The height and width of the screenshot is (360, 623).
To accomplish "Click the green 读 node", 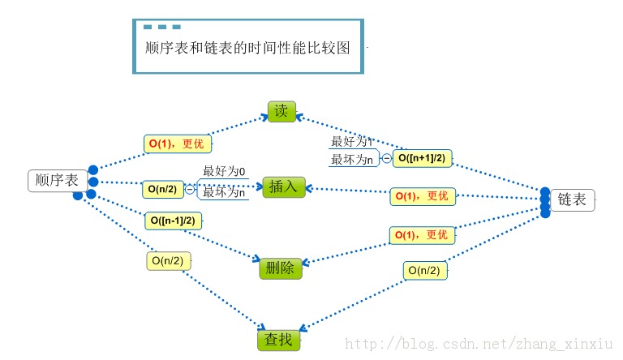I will click(282, 112).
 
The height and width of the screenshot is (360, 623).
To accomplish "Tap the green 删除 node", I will click(281, 268).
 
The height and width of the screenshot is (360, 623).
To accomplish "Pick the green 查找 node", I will click(279, 340).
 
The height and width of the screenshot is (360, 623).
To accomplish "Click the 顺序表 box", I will click(58, 181).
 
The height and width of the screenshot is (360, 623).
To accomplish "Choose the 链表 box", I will click(573, 199).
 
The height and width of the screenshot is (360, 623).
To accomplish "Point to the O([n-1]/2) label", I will click(174, 221).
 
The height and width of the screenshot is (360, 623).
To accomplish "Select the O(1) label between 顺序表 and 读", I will click(177, 144).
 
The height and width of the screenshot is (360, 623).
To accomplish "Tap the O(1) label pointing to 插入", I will click(422, 196).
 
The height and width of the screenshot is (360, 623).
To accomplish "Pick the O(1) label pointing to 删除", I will click(422, 235).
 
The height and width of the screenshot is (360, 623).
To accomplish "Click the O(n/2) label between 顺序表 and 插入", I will click(162, 189).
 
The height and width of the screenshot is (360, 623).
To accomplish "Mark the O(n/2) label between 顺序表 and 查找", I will click(169, 261).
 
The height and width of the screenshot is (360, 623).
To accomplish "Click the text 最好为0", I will click(225, 172).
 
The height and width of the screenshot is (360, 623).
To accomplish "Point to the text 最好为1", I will click(351, 141).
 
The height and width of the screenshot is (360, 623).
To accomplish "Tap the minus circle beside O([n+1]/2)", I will click(386, 159).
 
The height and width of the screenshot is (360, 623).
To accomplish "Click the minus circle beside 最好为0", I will click(190, 189).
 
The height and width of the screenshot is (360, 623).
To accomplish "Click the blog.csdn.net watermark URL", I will click(480, 344).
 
